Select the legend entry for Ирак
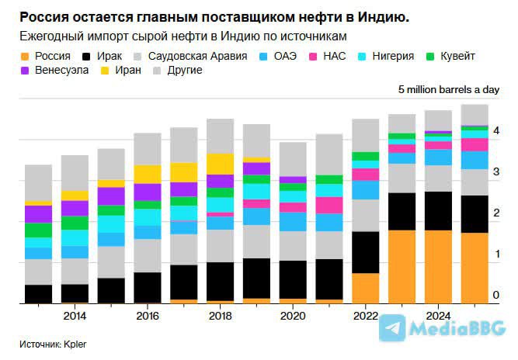tap(110, 57)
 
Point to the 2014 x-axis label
tap(75, 316)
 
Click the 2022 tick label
tap(366, 316)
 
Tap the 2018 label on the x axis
tap(220, 316)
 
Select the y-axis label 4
tap(495, 130)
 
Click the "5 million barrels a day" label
tap(448, 90)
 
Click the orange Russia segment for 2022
tap(366, 288)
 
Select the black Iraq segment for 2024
tap(439, 210)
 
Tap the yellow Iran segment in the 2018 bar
tap(220, 164)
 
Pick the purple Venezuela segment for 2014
tap(75, 208)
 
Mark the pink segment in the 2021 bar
tap(329, 205)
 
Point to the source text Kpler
tap(75, 342)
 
